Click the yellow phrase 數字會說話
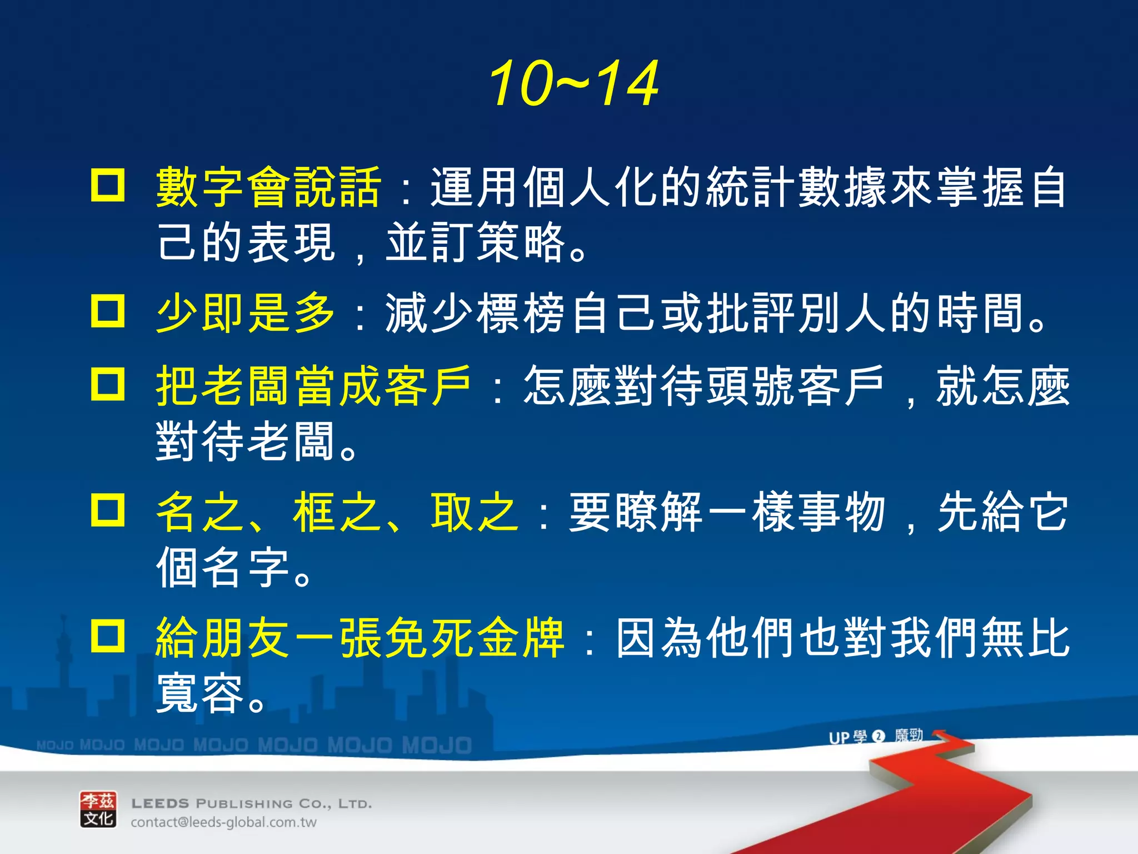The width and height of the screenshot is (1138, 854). click(x=268, y=187)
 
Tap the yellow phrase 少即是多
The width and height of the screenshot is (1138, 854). click(x=246, y=313)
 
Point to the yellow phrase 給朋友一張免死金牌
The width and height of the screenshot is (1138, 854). click(x=360, y=638)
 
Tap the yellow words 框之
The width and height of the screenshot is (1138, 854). click(x=337, y=512)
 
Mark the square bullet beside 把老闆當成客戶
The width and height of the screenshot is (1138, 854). click(x=108, y=384)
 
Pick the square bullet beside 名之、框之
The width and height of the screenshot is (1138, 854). click(x=108, y=510)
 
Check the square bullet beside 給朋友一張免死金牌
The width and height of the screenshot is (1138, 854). click(x=108, y=635)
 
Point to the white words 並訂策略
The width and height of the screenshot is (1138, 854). click(x=476, y=243)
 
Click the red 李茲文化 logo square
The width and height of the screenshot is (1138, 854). click(x=98, y=810)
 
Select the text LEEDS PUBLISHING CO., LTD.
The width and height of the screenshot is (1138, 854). click(x=251, y=803)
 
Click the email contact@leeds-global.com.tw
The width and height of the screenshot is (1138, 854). click(x=223, y=822)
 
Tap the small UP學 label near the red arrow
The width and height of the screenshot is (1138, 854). click(x=847, y=737)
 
